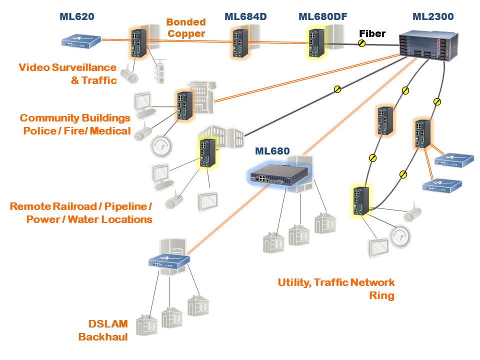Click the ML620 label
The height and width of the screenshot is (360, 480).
pyautogui.click(x=76, y=17)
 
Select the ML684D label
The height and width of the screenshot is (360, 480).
pyautogui.click(x=245, y=17)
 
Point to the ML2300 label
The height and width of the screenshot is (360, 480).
pyautogui.click(x=433, y=17)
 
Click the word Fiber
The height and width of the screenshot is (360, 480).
pyautogui.click(x=372, y=33)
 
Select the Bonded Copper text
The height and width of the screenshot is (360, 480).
pyautogui.click(x=186, y=28)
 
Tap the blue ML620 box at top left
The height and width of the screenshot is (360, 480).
pyautogui.click(x=81, y=40)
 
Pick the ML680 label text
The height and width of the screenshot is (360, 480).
pyautogui.click(x=272, y=150)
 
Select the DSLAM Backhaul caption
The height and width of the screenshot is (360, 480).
pyautogui.click(x=103, y=330)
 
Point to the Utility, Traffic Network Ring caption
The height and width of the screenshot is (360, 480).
pyautogui.click(x=336, y=289)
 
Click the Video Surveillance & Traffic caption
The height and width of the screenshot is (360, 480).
pyautogui.click(x=67, y=73)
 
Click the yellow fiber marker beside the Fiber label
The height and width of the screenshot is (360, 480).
pyautogui.click(x=361, y=43)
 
